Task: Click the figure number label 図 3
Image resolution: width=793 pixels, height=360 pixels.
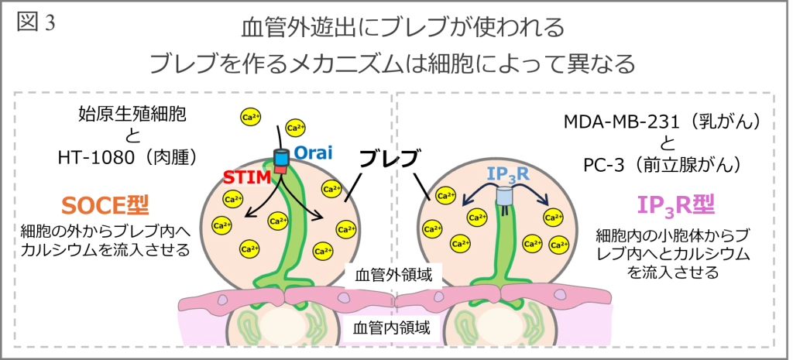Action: click(x=36, y=22)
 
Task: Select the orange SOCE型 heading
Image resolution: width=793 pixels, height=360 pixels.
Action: click(x=105, y=205)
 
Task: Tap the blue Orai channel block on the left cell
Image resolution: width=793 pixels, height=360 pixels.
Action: click(x=280, y=156)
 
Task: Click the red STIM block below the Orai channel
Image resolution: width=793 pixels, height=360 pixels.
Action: click(x=280, y=167)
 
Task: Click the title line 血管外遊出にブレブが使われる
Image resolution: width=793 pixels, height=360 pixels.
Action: click(x=396, y=29)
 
